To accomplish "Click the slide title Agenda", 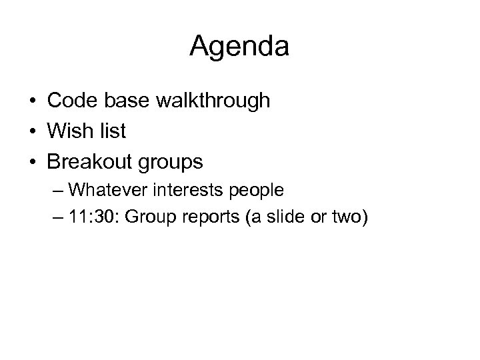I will pyautogui.click(x=239, y=47).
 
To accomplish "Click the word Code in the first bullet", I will pyautogui.click(x=70, y=101).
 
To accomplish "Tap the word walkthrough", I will pyautogui.click(x=213, y=101).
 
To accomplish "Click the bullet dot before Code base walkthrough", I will pyautogui.click(x=32, y=102).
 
